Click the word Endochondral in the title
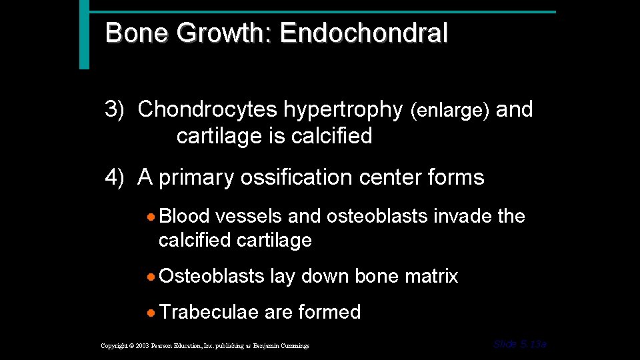pos(364,33)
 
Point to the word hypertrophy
pos(343,109)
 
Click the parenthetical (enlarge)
pos(450,111)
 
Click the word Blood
pos(185,216)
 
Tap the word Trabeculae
pos(209,312)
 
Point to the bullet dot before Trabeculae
pos(153,313)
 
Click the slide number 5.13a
pos(519,344)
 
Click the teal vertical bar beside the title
pos(83,35)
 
